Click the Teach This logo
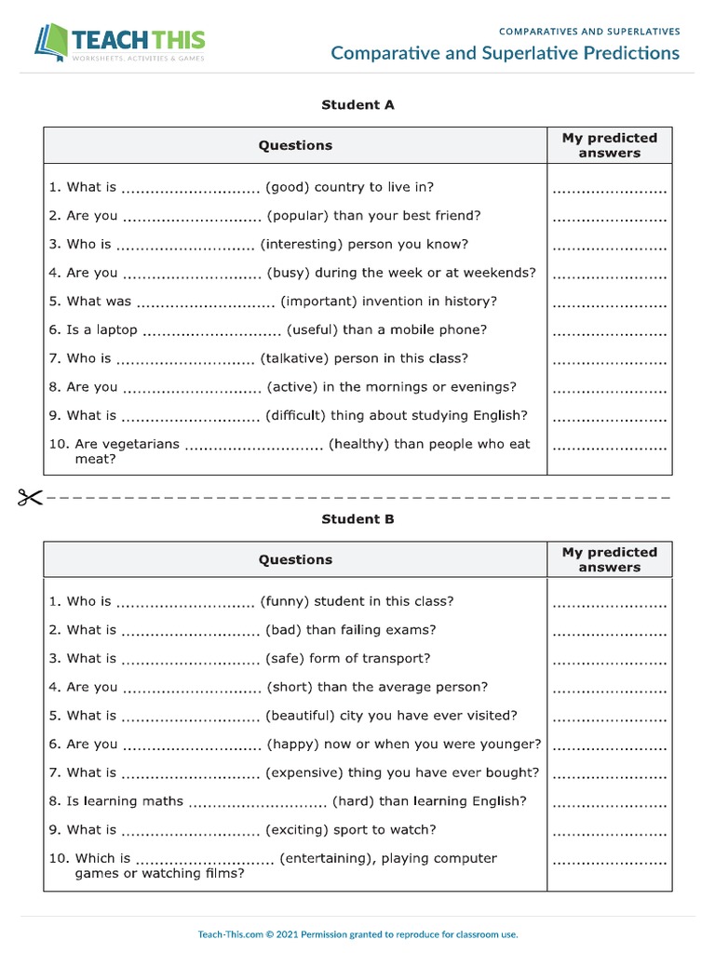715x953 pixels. pyautogui.click(x=119, y=43)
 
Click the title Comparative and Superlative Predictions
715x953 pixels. pyautogui.click(x=505, y=53)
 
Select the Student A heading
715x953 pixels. pyautogui.click(x=357, y=105)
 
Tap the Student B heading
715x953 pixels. pyautogui.click(x=357, y=519)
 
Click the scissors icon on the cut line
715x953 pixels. pyautogui.click(x=29, y=498)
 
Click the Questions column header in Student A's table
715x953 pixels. pyautogui.click(x=295, y=145)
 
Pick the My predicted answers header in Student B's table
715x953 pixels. pyautogui.click(x=609, y=559)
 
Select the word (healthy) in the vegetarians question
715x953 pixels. pyautogui.click(x=359, y=444)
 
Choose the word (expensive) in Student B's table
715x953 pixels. pyautogui.click(x=309, y=772)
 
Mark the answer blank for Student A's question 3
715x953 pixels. pyautogui.click(x=609, y=247)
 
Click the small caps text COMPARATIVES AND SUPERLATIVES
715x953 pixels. pyautogui.click(x=589, y=32)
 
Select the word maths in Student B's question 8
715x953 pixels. pyautogui.click(x=162, y=801)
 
